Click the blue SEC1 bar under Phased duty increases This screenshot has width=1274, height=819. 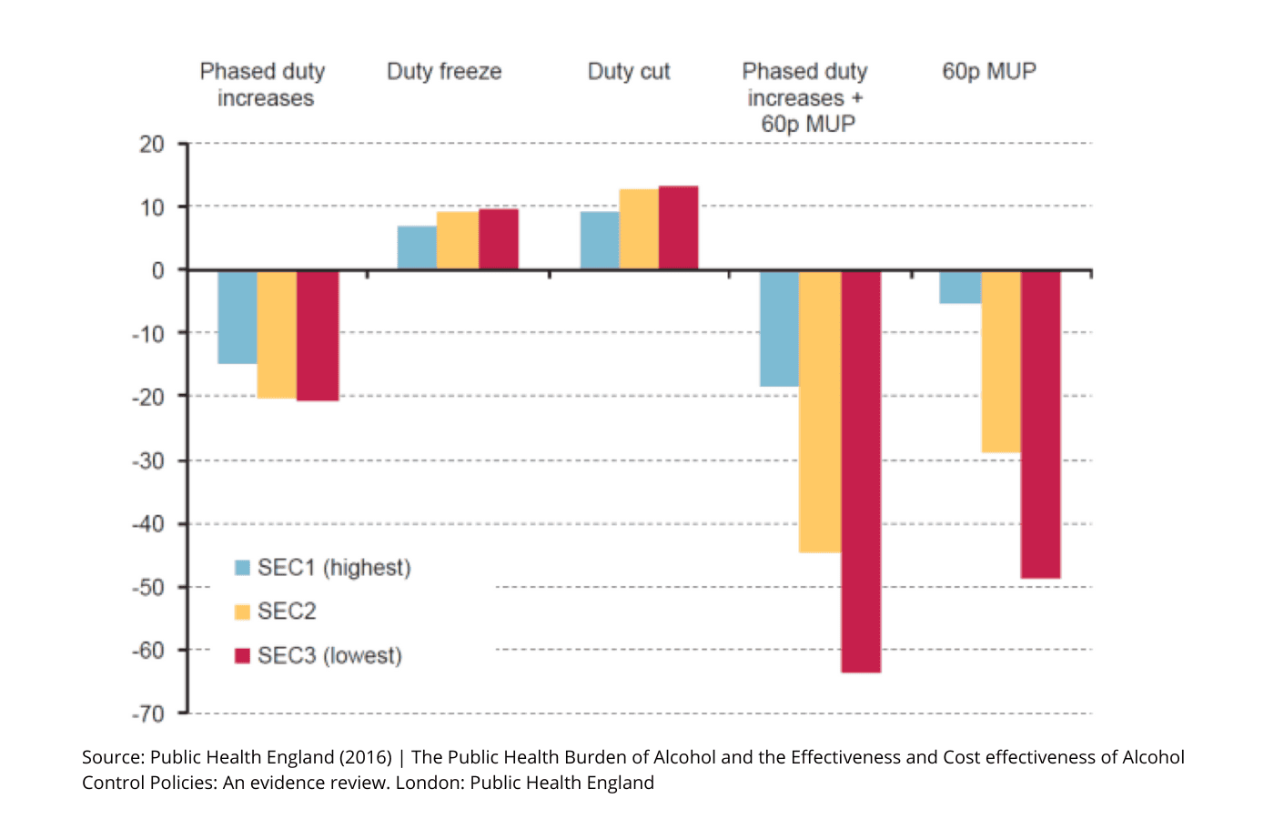(x=238, y=317)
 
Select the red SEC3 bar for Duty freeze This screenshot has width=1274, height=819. (x=499, y=239)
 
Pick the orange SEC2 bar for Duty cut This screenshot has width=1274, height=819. (x=639, y=229)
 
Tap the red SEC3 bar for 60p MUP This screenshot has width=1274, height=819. (x=1040, y=424)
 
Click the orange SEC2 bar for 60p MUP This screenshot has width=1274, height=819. (x=1001, y=361)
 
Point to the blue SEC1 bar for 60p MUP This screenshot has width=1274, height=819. (x=961, y=288)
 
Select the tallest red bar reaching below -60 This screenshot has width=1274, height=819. (x=861, y=471)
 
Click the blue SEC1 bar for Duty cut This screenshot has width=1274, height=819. (x=600, y=241)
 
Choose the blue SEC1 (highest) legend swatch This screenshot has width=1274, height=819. (x=242, y=568)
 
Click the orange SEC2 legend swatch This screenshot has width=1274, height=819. (x=242, y=612)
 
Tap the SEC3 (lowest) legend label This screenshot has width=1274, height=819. (x=329, y=655)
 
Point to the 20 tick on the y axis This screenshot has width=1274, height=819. (x=152, y=144)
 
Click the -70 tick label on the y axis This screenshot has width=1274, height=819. (x=148, y=713)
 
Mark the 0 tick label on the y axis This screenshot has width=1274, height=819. (x=158, y=270)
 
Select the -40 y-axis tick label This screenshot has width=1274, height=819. (x=148, y=524)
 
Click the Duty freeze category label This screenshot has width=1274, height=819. (x=444, y=72)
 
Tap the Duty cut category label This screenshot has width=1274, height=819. (x=629, y=72)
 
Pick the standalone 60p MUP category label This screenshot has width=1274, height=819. (x=989, y=72)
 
